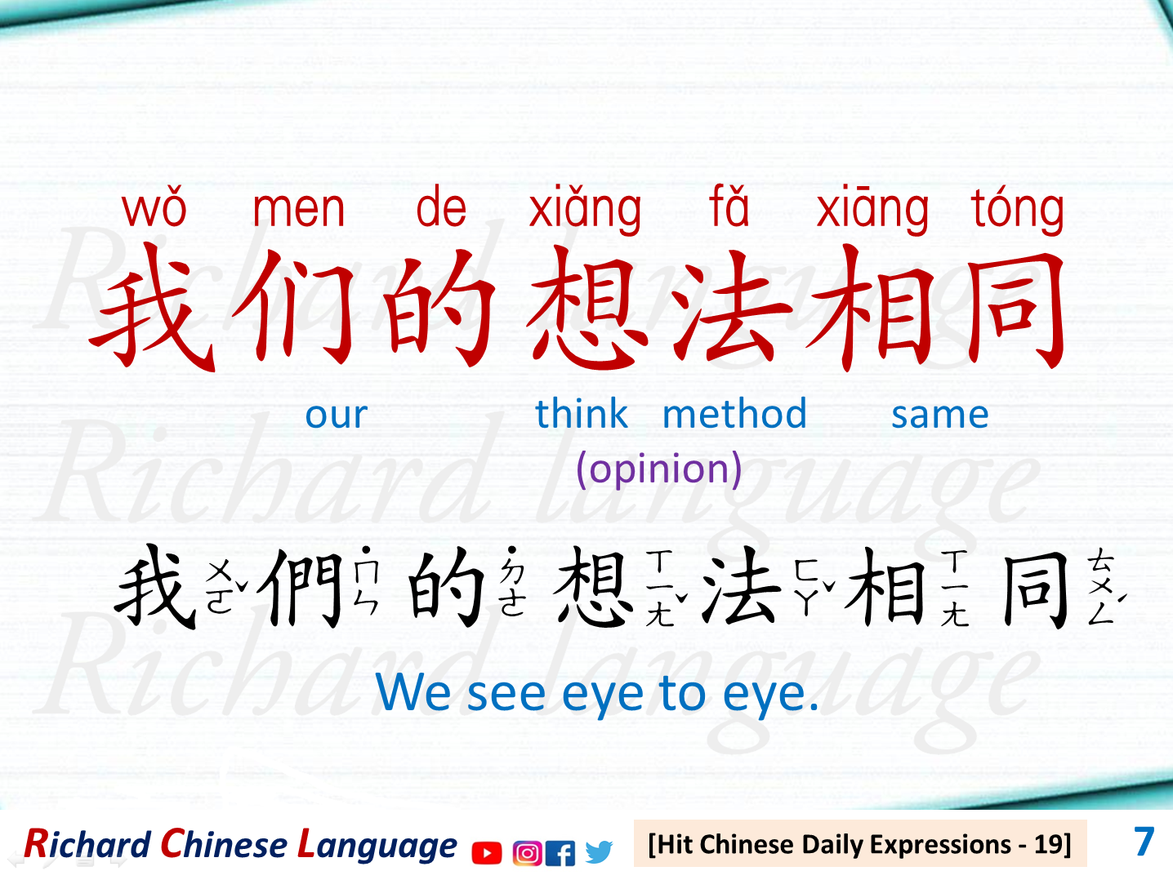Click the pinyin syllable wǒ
(x=154, y=209)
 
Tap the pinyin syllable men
(x=298, y=209)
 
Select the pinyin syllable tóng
(x=1017, y=209)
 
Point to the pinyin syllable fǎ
(x=729, y=207)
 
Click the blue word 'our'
(x=336, y=415)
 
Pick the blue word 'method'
(x=734, y=414)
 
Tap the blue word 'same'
(x=939, y=415)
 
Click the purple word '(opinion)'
(x=658, y=469)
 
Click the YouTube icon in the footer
(x=487, y=853)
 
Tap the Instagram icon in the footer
(x=527, y=853)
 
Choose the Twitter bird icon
(x=599, y=852)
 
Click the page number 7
(x=1144, y=842)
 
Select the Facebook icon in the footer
(x=560, y=853)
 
